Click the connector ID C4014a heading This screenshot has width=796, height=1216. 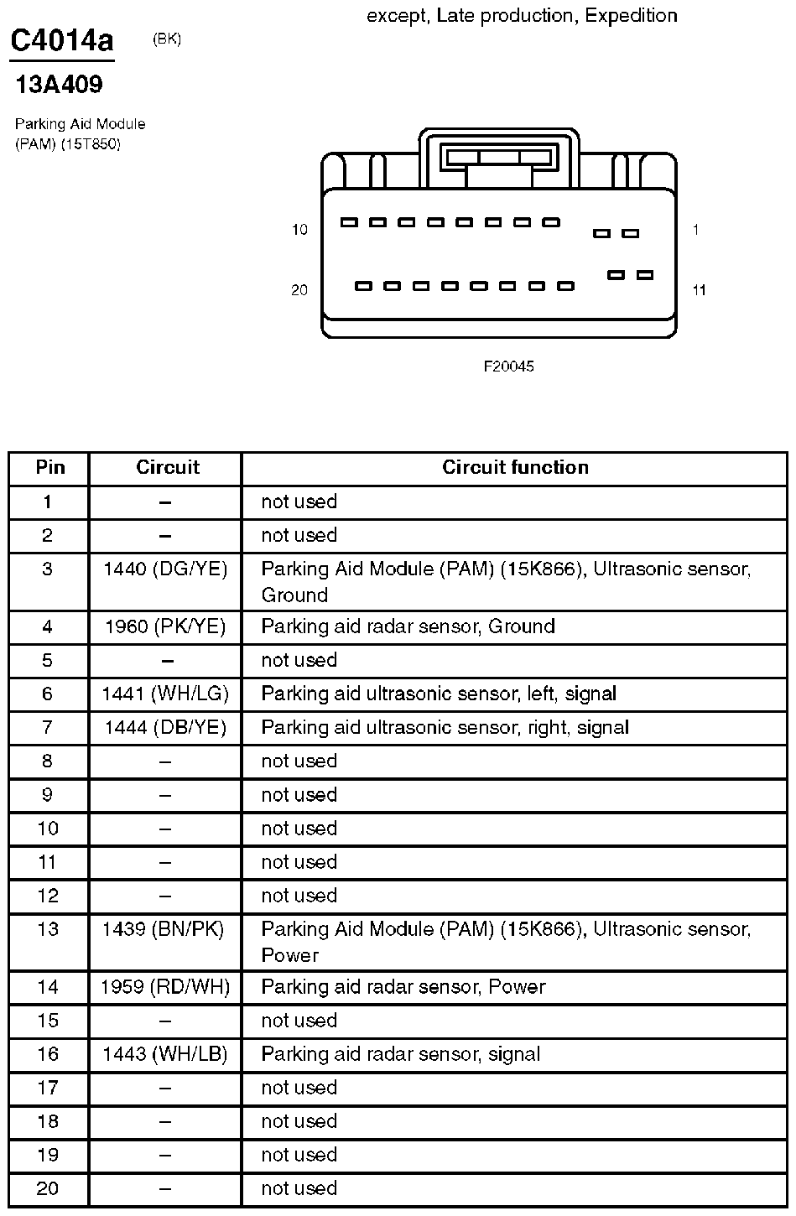(61, 41)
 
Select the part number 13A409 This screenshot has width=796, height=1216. (59, 85)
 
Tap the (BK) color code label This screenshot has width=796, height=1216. (167, 39)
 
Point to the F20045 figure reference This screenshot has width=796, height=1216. (508, 366)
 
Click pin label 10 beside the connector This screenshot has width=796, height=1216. (299, 230)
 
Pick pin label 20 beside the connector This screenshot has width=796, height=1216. (299, 290)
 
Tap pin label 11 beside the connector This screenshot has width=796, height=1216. (699, 290)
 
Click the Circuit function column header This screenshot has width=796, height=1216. (515, 468)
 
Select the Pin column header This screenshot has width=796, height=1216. (49, 468)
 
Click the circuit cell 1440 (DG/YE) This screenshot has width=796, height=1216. (165, 569)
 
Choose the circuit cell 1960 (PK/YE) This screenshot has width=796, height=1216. (165, 626)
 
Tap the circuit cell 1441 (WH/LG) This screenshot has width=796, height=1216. (165, 694)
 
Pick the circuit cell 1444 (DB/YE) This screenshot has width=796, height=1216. (165, 727)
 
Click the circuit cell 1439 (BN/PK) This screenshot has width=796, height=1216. (164, 929)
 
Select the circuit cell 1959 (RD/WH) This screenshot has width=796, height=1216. (165, 987)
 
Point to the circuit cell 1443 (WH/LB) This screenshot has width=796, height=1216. (165, 1054)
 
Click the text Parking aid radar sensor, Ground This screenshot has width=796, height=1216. (408, 626)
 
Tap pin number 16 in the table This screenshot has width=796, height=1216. (48, 1054)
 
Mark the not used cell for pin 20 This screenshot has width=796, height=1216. (299, 1188)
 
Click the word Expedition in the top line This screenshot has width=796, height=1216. (631, 15)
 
